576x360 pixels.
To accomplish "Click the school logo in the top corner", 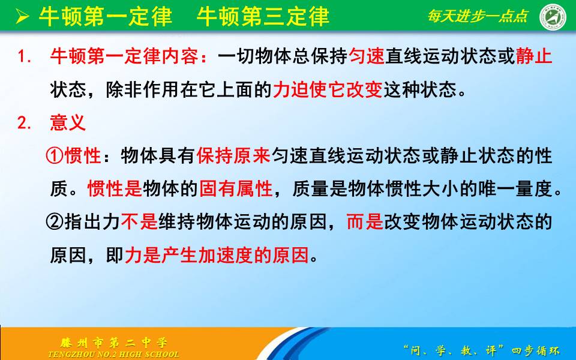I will [553, 16].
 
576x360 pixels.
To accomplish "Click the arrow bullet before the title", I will [22, 17].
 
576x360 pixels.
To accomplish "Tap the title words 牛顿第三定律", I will [263, 17].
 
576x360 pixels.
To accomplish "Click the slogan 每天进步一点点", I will [478, 16].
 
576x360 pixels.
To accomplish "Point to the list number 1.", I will [24, 58].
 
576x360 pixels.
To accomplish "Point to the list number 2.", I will [24, 124].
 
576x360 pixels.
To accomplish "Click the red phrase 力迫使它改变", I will [327, 91].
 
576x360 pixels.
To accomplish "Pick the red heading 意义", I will [68, 124].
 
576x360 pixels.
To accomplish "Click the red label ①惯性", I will [73, 157].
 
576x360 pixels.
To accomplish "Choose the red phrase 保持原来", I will [233, 157].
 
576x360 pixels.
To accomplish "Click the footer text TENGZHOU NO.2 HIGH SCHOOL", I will [113, 355].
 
